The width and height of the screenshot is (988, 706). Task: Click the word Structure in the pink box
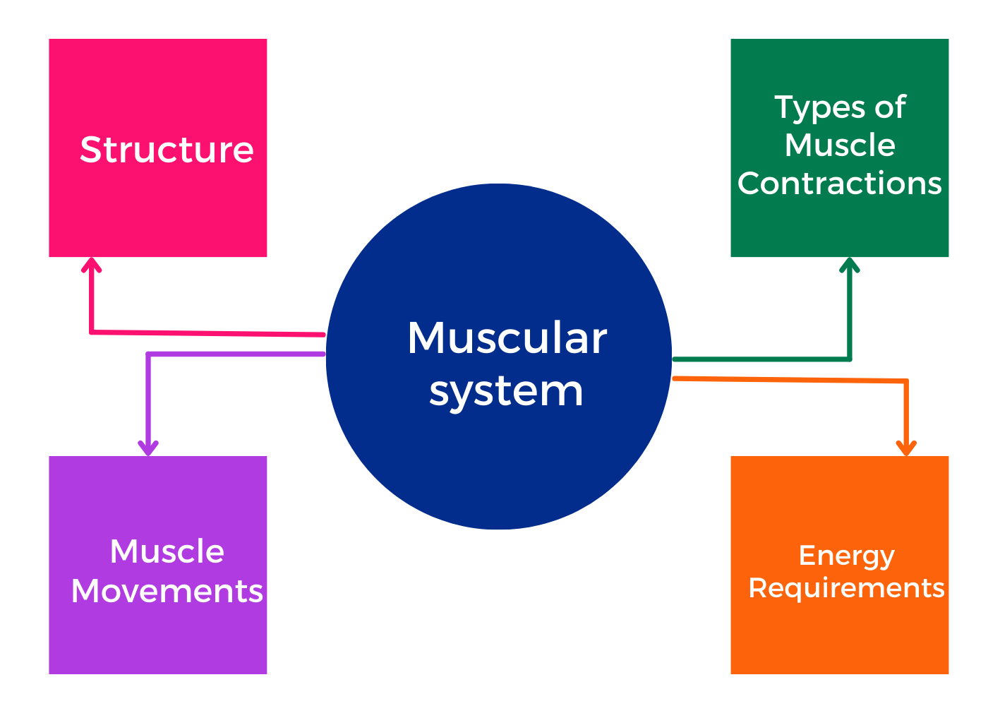(x=167, y=150)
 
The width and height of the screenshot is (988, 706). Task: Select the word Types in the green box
(x=820, y=108)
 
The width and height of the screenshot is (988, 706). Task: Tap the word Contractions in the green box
(x=839, y=183)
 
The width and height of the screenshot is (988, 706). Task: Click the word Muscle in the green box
(x=840, y=145)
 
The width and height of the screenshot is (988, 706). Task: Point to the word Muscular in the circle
(x=507, y=337)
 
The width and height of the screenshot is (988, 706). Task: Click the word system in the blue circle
(x=506, y=393)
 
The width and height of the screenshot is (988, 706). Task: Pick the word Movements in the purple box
(x=167, y=591)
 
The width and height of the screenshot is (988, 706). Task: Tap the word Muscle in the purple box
(x=167, y=551)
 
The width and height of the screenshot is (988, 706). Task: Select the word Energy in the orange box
(x=846, y=556)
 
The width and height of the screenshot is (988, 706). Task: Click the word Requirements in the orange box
(x=846, y=588)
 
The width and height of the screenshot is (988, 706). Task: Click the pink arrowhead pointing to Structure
(x=91, y=265)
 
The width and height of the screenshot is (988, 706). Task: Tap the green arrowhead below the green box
(x=849, y=265)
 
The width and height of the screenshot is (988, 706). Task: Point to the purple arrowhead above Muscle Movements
(x=148, y=448)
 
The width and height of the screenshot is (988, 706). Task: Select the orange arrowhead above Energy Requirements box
(x=906, y=448)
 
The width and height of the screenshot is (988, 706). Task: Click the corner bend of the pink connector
(x=91, y=332)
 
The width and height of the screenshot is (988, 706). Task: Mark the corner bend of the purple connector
(x=148, y=354)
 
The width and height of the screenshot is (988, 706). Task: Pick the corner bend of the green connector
(x=850, y=359)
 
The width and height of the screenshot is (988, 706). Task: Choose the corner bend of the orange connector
(x=906, y=381)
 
